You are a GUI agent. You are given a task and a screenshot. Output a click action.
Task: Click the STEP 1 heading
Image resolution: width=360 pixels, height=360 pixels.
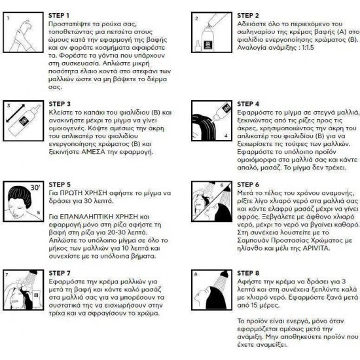[58, 16]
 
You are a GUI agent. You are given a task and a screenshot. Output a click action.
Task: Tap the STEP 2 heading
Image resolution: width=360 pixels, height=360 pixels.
[248, 16]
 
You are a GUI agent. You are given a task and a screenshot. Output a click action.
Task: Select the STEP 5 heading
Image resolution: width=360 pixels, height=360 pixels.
[60, 185]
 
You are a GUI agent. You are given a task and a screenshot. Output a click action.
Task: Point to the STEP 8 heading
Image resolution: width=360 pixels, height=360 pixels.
[248, 273]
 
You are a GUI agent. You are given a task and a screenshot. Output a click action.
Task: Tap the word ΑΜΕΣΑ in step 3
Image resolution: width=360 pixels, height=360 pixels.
[93, 152]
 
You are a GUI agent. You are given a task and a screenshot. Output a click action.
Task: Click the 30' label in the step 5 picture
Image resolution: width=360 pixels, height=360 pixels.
[35, 188]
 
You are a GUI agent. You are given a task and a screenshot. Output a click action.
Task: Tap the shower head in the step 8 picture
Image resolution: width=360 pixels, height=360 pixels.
[223, 273]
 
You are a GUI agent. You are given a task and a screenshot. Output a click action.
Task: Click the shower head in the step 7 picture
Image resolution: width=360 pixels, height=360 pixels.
[33, 272]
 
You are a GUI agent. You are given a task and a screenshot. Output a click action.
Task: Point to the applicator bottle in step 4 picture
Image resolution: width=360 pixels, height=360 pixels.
[221, 113]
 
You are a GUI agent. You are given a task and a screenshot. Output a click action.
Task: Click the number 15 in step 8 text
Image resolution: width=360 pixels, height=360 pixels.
[254, 306]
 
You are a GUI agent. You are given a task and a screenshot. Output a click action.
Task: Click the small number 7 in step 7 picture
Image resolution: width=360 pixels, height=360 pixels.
[7, 275]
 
